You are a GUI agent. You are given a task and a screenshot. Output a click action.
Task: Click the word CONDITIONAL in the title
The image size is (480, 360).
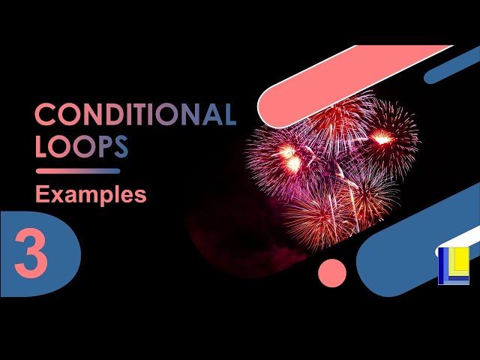click(135, 115)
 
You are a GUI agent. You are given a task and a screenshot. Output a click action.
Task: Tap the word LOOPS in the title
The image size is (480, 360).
click(82, 147)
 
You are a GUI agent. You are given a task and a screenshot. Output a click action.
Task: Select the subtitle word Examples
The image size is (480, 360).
click(91, 195)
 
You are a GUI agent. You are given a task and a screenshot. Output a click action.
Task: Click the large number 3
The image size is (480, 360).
click(31, 254)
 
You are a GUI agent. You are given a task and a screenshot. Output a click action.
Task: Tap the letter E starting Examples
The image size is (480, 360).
click(42, 195)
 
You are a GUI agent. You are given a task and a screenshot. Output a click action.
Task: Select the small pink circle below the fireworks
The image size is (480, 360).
click(331, 272)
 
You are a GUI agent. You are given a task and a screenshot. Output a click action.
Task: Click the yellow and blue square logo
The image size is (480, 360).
click(453, 265)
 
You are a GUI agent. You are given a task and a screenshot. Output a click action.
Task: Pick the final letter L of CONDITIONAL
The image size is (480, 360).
click(229, 115)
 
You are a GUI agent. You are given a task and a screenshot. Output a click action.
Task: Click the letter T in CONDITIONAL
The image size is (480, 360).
click(144, 115)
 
